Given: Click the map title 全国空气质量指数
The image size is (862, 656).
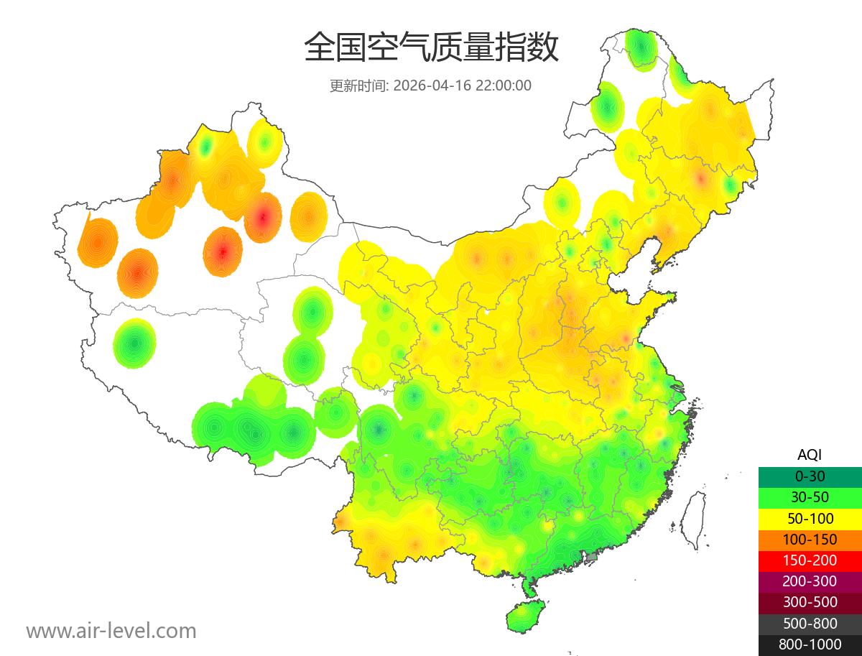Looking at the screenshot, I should [431, 49].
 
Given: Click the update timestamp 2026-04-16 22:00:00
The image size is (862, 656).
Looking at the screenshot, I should [463, 86].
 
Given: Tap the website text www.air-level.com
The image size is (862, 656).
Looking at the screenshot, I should [111, 631].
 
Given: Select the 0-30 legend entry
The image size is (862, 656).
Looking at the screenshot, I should [810, 476].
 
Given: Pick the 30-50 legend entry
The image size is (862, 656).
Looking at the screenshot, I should [810, 496].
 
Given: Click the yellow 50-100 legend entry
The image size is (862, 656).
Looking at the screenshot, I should [810, 518].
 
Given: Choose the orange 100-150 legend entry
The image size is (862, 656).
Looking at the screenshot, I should [810, 539].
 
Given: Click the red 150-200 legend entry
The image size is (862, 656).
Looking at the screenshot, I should [810, 560].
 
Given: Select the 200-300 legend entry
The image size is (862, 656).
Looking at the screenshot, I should [810, 581].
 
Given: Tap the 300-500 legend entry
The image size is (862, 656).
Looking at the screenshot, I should [810, 602].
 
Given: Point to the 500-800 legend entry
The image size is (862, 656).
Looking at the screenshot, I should [810, 623].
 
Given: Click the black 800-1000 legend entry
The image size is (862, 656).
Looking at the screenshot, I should [810, 645].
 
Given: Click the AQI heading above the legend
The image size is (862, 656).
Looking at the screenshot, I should [810, 455].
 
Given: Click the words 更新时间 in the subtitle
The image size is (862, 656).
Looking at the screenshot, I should [358, 86].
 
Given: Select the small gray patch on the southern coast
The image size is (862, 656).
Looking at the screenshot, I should [592, 556].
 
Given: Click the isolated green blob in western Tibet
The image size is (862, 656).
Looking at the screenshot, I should [134, 343].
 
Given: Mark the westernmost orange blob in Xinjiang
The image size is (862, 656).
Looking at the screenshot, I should [98, 242].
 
